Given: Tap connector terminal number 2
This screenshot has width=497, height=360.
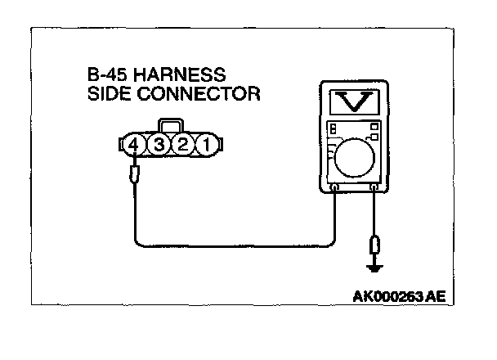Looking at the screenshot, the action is [x=185, y=146].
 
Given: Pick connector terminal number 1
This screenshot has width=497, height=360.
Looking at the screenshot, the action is [x=208, y=146].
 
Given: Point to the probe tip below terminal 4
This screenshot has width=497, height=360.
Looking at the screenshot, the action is [x=136, y=173].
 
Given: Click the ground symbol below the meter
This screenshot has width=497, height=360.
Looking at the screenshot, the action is [x=374, y=266].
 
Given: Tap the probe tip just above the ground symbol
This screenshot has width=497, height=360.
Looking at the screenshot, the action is [x=374, y=245].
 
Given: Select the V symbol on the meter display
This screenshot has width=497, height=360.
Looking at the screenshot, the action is [x=353, y=101].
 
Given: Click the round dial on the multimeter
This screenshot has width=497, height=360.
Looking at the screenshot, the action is [x=354, y=157].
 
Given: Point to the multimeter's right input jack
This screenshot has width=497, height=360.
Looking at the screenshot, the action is [x=374, y=188].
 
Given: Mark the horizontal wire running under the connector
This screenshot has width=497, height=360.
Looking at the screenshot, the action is [x=237, y=243].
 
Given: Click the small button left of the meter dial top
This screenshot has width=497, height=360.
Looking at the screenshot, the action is [x=333, y=128].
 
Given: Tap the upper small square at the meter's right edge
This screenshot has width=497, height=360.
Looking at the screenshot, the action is [x=374, y=126].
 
